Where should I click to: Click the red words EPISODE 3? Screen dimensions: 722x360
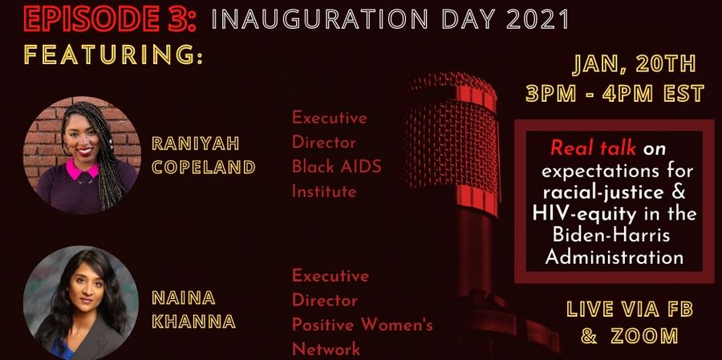pyautogui.click(x=111, y=19)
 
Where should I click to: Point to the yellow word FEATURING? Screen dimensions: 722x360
pyautogui.click(x=113, y=55)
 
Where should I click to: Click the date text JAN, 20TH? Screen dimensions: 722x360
pyautogui.click(x=634, y=66)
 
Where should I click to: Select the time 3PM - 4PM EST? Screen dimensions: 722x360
pyautogui.click(x=615, y=94)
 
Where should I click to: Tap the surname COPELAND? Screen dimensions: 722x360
pyautogui.click(x=204, y=168)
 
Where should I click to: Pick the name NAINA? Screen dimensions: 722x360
pyautogui.click(x=183, y=297)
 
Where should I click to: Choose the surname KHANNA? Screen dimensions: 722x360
pyautogui.click(x=194, y=322)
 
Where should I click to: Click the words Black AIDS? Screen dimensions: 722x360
pyautogui.click(x=337, y=167)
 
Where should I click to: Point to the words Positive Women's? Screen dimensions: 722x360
pyautogui.click(x=363, y=325)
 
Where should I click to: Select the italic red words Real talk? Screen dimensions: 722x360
pyautogui.click(x=593, y=148)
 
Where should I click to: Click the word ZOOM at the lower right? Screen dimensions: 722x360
pyautogui.click(x=644, y=336)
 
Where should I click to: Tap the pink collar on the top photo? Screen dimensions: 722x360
pyautogui.click(x=83, y=170)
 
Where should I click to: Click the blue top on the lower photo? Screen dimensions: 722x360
pyautogui.click(x=62, y=346)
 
